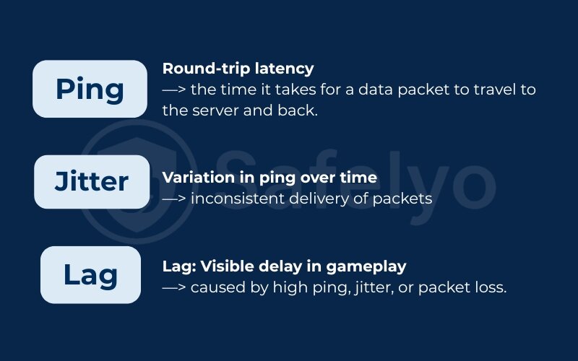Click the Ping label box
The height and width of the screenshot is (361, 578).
point(90,90)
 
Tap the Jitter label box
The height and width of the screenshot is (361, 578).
point(90,182)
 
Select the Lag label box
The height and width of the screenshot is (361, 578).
point(90,274)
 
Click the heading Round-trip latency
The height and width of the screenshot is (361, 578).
point(238,69)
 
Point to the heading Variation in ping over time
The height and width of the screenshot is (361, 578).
point(269,178)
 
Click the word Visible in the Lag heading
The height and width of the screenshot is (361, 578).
point(224,266)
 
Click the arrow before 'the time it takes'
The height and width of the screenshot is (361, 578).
point(174,91)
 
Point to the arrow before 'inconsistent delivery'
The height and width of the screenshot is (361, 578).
point(174,198)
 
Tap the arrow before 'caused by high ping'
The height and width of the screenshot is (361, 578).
point(174,287)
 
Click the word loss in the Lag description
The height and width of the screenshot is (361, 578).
point(491,287)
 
